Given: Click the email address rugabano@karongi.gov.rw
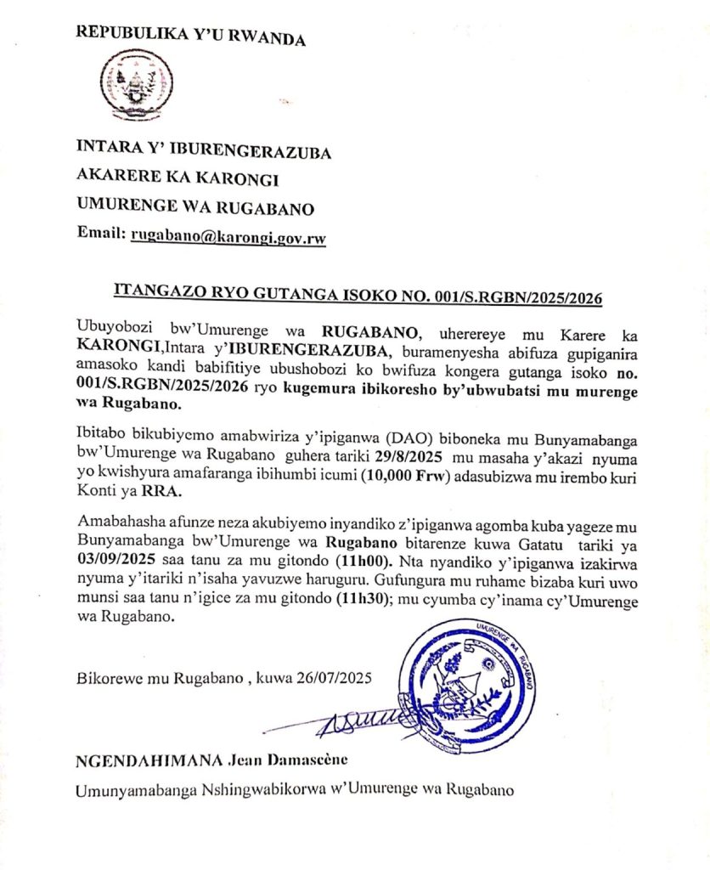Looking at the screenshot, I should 228,237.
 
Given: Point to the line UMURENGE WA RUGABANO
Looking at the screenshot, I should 195,208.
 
